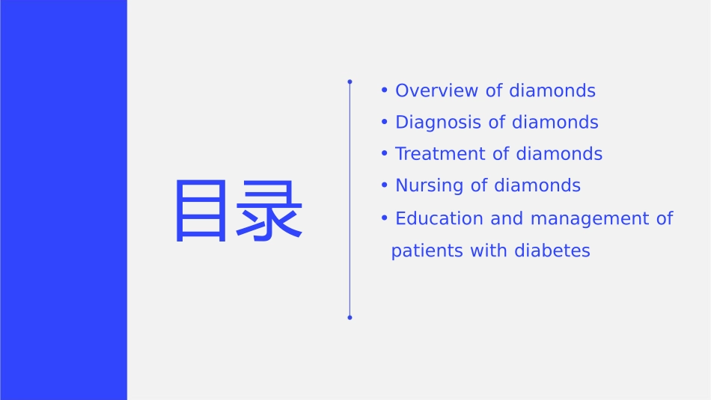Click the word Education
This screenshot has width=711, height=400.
tap(439, 218)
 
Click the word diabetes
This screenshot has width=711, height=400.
tap(552, 250)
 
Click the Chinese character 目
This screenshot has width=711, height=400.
tap(200, 212)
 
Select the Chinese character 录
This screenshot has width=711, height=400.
tap(269, 212)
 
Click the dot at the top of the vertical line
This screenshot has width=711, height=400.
tap(350, 81)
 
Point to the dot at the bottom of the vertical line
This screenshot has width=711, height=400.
tap(350, 318)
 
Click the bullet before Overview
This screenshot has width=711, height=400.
tap(384, 90)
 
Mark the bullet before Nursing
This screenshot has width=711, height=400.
tap(384, 185)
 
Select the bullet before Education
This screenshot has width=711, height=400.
tap(384, 218)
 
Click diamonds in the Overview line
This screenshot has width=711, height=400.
tap(552, 90)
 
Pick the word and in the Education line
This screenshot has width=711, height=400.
tap(507, 218)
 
